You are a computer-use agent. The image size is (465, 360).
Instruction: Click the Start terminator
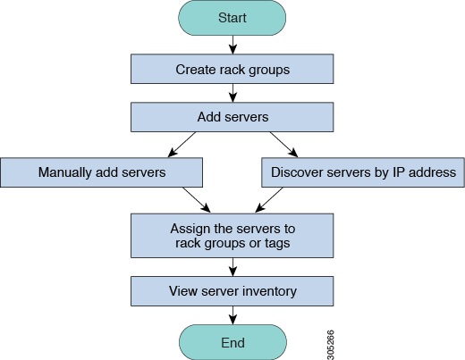coord(232,18)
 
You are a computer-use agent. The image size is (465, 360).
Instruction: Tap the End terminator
coord(232,342)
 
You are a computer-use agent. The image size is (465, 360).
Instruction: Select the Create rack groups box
coord(232,69)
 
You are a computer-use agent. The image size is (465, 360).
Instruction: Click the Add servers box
coord(232,117)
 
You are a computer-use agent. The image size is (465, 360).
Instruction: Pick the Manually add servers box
coord(102,172)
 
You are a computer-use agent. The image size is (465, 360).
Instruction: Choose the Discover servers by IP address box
coord(363,172)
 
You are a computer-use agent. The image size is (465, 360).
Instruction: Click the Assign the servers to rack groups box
coord(232,236)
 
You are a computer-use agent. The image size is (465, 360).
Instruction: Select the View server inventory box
coord(232,291)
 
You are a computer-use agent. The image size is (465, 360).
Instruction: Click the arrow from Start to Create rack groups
coord(232,45)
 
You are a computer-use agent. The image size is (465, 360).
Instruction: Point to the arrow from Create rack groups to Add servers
coord(232,93)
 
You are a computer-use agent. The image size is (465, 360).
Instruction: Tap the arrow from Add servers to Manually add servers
coord(182,145)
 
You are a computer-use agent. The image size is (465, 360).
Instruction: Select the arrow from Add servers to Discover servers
coord(283,145)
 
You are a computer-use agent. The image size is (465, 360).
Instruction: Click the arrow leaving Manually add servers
coord(197,200)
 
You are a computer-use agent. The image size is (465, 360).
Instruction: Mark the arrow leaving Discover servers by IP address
coord(269,200)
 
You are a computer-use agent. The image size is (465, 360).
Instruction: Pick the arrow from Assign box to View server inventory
coord(232,267)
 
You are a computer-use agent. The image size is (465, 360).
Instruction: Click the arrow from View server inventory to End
coord(232,315)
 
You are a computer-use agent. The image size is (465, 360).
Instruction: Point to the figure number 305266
coord(330,345)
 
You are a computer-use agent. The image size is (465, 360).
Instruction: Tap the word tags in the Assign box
coord(277,244)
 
